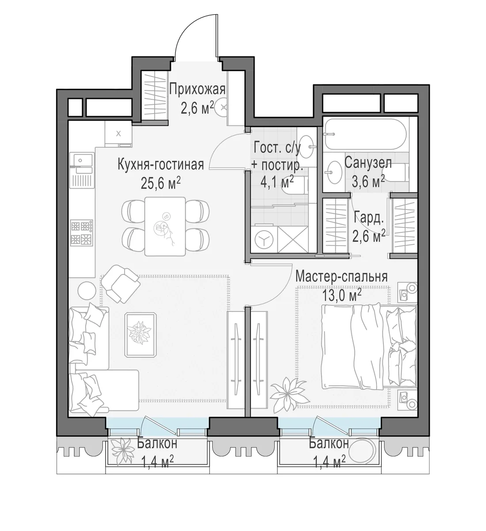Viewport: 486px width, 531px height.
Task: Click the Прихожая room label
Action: click(197, 90)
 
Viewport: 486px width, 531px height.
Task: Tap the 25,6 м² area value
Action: click(160, 183)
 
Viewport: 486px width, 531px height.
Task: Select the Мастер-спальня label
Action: click(341, 277)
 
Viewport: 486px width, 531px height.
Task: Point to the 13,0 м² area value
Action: click(342, 295)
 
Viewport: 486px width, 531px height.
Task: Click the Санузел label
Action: click(368, 163)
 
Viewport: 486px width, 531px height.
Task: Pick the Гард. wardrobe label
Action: click(368, 218)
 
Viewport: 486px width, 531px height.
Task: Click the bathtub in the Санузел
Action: click(365, 134)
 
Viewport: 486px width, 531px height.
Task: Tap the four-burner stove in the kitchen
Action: click(82, 233)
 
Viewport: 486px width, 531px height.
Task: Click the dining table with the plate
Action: click(165, 226)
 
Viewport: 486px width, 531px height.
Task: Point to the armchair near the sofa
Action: click(121, 284)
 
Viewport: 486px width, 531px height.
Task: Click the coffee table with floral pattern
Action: click(140, 335)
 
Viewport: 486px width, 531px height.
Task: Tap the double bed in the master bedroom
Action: click(369, 347)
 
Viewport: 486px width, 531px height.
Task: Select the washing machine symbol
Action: click(264, 239)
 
